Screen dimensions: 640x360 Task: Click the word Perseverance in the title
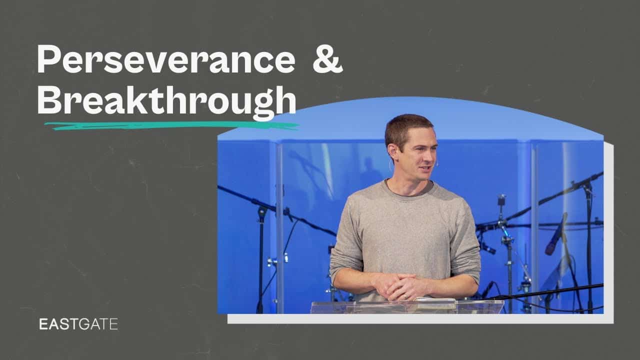(166, 59)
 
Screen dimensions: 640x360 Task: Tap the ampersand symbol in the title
(327, 59)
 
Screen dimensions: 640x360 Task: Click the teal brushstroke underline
(172, 125)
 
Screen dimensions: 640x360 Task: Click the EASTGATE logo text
(78, 324)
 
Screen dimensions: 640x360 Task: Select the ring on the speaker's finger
(405, 296)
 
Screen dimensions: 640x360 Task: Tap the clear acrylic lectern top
(407, 306)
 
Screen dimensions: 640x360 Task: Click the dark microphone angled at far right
(555, 234)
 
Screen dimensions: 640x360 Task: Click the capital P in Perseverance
(48, 59)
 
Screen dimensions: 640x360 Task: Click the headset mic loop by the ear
(390, 165)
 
